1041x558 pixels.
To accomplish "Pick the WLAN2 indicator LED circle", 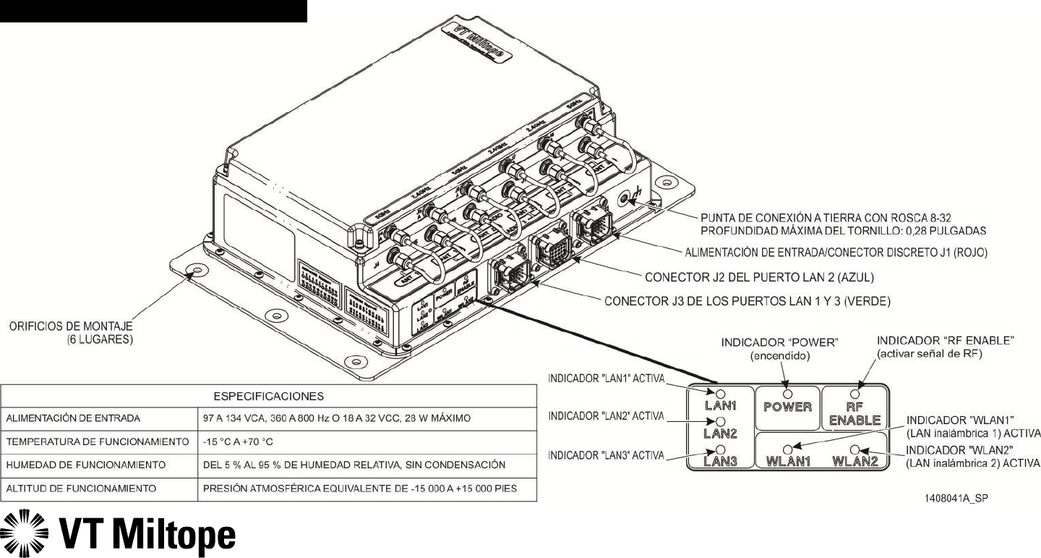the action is pos(854,449).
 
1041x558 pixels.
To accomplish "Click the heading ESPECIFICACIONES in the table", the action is pos(268,396).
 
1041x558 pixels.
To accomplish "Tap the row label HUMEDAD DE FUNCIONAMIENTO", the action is pos(85,464).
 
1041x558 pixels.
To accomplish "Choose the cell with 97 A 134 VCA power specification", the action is pos(337,418).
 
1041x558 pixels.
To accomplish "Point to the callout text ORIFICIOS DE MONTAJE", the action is pos(72,328).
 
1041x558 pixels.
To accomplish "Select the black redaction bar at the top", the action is pos(153,11).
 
